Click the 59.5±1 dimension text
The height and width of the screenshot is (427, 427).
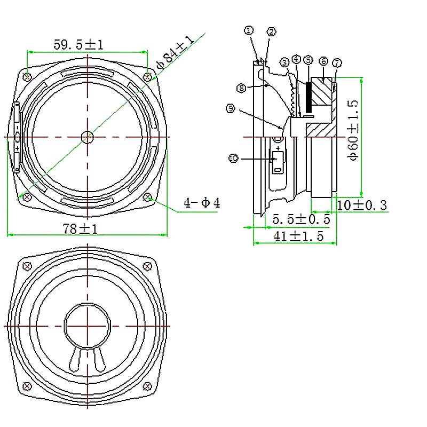pyautogui.click(x=78, y=45)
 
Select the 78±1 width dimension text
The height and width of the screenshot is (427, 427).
pyautogui.click(x=80, y=228)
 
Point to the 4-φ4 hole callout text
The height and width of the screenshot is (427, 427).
pyautogui.click(x=202, y=203)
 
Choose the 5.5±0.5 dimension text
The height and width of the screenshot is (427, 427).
pyautogui.click(x=301, y=219)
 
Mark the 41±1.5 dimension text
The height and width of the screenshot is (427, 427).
pyautogui.click(x=298, y=237)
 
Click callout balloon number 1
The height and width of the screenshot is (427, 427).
pyautogui.click(x=249, y=30)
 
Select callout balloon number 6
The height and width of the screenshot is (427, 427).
pyautogui.click(x=323, y=61)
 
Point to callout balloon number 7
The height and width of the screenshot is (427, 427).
pyautogui.click(x=336, y=63)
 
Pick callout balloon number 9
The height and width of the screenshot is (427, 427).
pyautogui.click(x=231, y=108)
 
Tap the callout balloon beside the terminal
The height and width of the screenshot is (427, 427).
pyautogui.click(x=233, y=158)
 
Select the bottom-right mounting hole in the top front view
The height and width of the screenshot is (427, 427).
pyautogui.click(x=148, y=197)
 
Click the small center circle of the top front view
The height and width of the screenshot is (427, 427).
pyautogui.click(x=87, y=137)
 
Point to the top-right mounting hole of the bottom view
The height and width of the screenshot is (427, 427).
pyautogui.click(x=148, y=266)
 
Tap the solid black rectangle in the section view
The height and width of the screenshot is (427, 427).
pyautogui.click(x=309, y=98)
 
